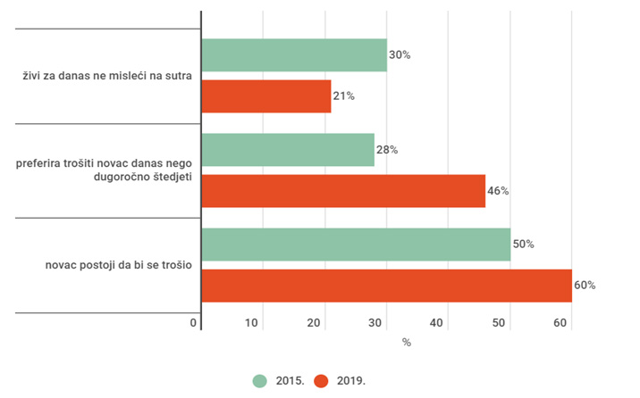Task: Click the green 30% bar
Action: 294,54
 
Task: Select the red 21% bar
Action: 266,95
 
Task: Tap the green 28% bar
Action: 288,150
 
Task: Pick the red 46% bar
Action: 343,190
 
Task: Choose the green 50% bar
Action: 356,245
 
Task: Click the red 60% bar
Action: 386,286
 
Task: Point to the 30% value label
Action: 400,55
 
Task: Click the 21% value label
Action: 343,96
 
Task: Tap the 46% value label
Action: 498,191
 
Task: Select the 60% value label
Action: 585,286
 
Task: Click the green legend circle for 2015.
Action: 260,380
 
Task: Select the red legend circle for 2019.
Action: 322,380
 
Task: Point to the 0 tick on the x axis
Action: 194,322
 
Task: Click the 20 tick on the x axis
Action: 324,322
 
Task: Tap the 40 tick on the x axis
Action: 447,322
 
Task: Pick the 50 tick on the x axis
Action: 509,322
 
